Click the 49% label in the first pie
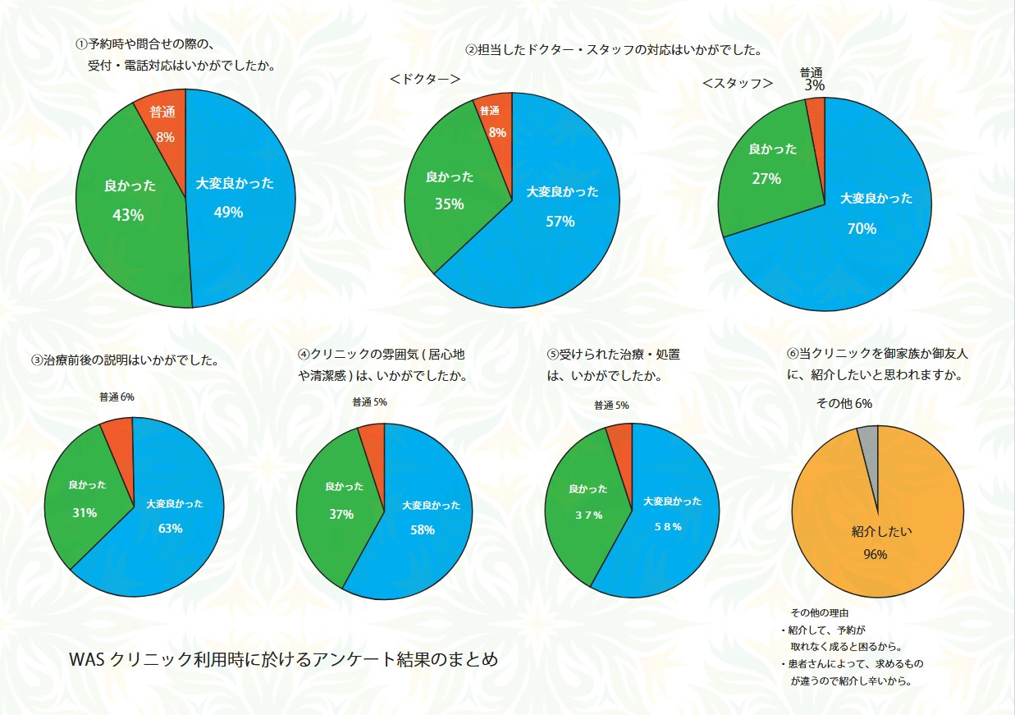pos(228,213)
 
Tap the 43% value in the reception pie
pos(128,215)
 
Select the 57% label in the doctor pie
pos(560,221)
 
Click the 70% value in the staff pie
pos(862,229)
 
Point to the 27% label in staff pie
pos(766,178)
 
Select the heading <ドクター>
pos(424,79)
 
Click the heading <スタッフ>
pos(738,83)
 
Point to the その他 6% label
pos(844,404)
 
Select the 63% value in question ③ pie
pos(171,528)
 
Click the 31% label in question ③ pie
pos(85,512)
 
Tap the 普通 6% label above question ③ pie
pos(117,397)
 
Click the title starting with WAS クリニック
pos(284,660)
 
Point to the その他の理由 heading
pos(819,613)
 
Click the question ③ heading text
pos(125,360)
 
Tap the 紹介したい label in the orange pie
pos(877,532)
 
